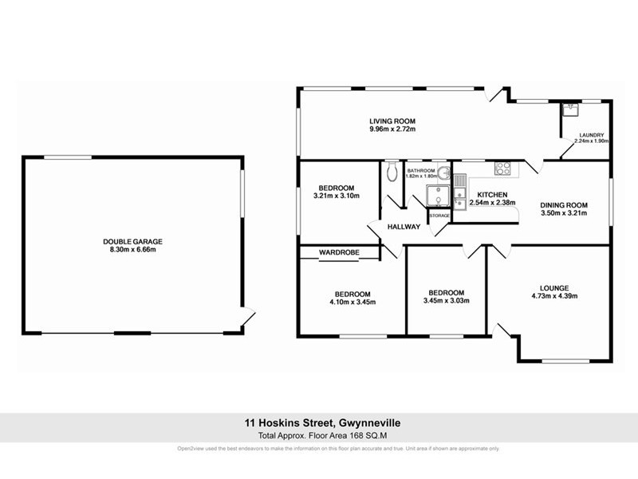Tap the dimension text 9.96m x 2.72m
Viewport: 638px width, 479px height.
pyautogui.click(x=392, y=129)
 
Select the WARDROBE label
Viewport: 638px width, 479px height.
pyautogui.click(x=340, y=252)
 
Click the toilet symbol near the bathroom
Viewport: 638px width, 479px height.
pyautogui.click(x=390, y=173)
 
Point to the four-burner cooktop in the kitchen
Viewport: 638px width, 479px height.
pyautogui.click(x=503, y=168)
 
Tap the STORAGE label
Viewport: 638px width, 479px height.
pyautogui.click(x=439, y=216)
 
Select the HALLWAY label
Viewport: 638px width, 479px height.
pyautogui.click(x=404, y=227)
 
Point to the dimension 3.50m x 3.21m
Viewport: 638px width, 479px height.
pyautogui.click(x=564, y=213)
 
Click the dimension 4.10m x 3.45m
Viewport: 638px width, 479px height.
pyautogui.click(x=352, y=302)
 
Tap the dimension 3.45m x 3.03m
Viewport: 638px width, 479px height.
pyautogui.click(x=446, y=301)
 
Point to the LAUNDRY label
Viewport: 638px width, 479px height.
pyautogui.click(x=592, y=135)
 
